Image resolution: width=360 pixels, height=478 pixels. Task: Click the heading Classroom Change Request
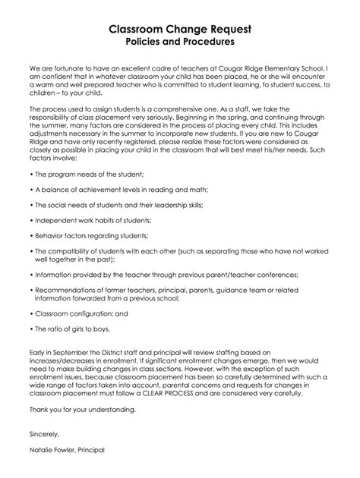tap(179, 29)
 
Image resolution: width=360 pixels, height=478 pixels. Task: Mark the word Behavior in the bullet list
tap(47, 236)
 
